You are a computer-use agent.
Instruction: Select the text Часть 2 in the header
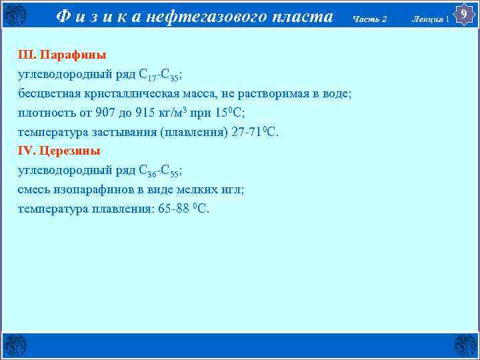(371, 19)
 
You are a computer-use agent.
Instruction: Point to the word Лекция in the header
(429, 19)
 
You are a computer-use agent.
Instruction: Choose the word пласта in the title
(307, 17)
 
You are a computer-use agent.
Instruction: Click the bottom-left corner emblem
(15, 345)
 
